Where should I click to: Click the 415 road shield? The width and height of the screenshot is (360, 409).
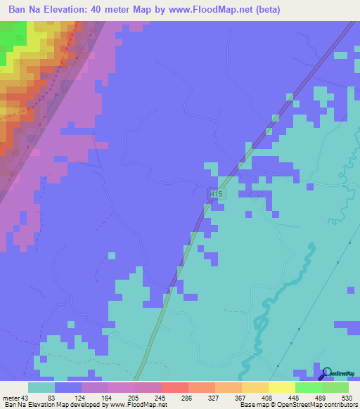[x=217, y=193]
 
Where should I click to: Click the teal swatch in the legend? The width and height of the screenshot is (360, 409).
[x=41, y=387]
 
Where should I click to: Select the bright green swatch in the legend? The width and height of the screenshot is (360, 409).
[x=308, y=387]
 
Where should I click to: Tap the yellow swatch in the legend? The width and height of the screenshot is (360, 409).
[x=281, y=387]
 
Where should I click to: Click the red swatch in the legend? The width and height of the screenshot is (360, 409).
[x=174, y=387]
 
